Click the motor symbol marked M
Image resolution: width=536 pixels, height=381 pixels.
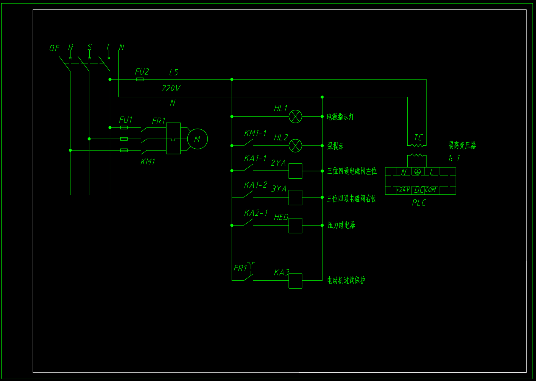point(197,139)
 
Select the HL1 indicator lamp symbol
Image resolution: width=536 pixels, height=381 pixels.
point(295,117)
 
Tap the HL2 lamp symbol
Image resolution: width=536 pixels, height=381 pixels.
point(295,146)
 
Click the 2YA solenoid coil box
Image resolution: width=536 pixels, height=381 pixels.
point(295,171)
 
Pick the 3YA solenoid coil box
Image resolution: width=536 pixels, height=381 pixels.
point(295,197)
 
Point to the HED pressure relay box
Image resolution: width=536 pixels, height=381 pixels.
point(295,225)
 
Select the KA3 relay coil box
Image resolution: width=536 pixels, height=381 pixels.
point(295,281)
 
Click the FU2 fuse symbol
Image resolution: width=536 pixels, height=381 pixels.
point(140,79)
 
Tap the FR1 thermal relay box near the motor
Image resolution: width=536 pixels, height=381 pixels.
point(173,138)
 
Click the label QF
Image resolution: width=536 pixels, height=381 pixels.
point(54,48)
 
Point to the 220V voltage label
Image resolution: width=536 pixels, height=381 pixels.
point(171,89)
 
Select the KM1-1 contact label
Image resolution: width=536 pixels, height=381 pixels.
point(255,133)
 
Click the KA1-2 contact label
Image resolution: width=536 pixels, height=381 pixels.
point(256,185)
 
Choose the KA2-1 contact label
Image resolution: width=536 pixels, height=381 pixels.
point(256,213)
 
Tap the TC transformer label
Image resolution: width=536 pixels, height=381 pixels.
point(418,138)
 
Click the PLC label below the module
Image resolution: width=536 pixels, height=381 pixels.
point(419,203)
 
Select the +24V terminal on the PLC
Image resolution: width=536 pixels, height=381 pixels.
point(403,190)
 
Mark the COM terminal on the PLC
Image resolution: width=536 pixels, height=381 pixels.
point(430,190)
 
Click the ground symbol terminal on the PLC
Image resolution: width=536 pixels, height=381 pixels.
point(417,172)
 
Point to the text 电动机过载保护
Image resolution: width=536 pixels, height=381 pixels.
point(346,280)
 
